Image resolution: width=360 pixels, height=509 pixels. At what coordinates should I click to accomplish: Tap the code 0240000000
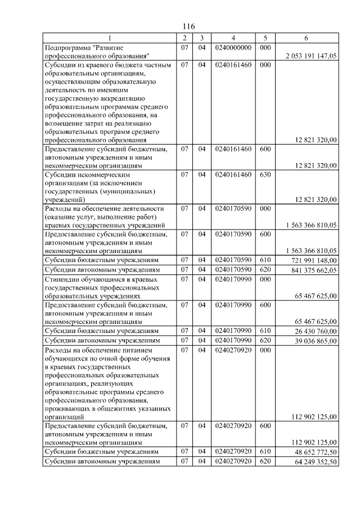click(233, 48)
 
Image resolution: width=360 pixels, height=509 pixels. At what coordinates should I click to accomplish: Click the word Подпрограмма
click(67, 48)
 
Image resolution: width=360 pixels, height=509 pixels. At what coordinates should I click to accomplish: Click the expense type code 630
click(266, 174)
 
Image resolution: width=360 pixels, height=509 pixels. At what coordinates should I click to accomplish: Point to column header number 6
click(306, 38)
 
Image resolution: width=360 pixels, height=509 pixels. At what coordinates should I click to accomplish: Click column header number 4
click(233, 38)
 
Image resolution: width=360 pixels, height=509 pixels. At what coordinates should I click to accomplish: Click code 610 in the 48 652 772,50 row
click(266, 451)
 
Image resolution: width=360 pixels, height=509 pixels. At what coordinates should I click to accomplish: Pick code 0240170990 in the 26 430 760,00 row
click(233, 330)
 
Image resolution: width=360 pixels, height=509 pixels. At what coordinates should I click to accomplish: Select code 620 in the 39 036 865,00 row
click(266, 340)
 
